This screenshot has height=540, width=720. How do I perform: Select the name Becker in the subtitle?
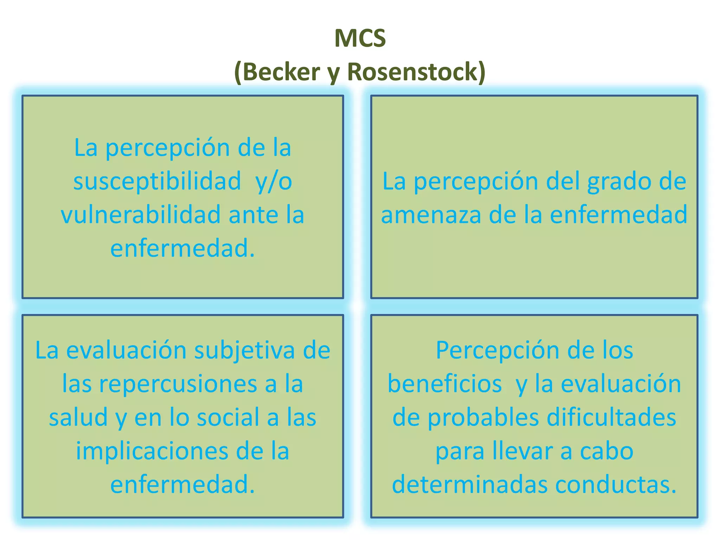tap(281, 72)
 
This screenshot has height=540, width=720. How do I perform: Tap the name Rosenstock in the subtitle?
tap(413, 72)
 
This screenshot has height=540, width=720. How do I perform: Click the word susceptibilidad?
tap(157, 181)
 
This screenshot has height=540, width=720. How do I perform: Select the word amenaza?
tap(431, 215)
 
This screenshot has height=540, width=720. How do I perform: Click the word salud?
tap(78, 417)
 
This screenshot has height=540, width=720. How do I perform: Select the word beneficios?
tap(444, 384)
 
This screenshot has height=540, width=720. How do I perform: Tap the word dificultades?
tap(611, 417)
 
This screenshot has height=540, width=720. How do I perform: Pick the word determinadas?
tap(469, 485)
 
